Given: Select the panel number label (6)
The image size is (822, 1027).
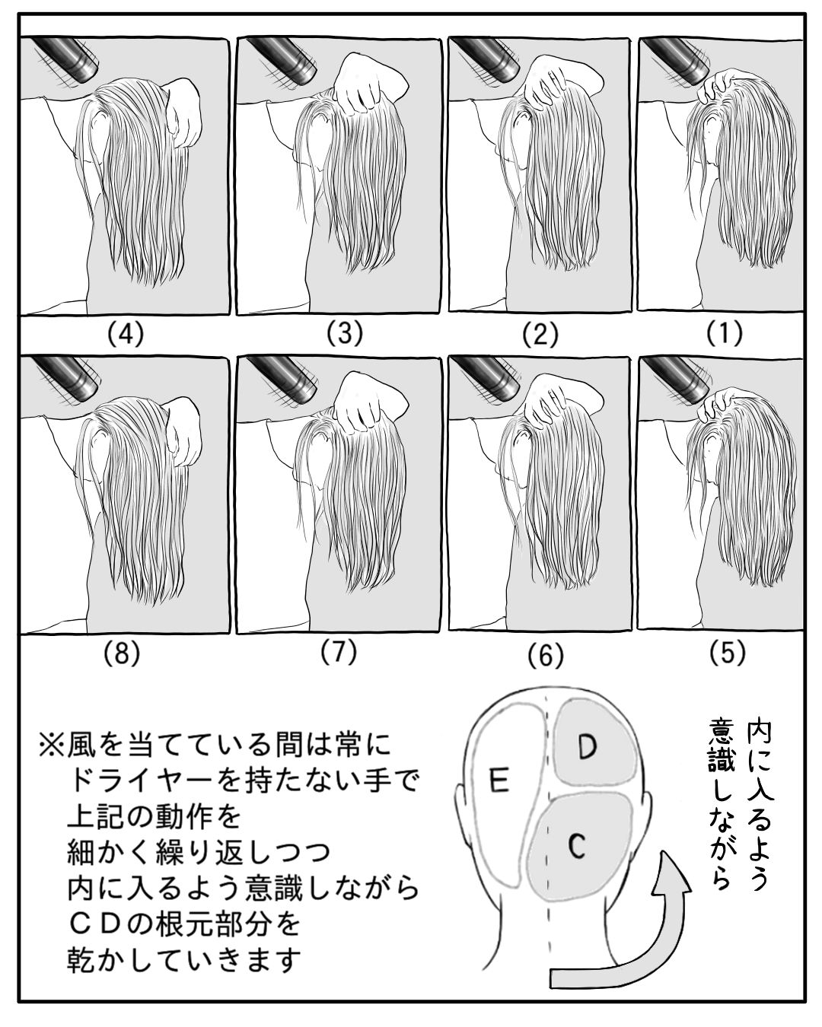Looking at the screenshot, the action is click(x=546, y=655).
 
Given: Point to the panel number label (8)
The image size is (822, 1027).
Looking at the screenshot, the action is click(x=122, y=653).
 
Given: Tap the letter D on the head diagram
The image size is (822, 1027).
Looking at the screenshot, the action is click(x=586, y=747).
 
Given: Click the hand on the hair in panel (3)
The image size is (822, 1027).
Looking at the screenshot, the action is click(x=367, y=84).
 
